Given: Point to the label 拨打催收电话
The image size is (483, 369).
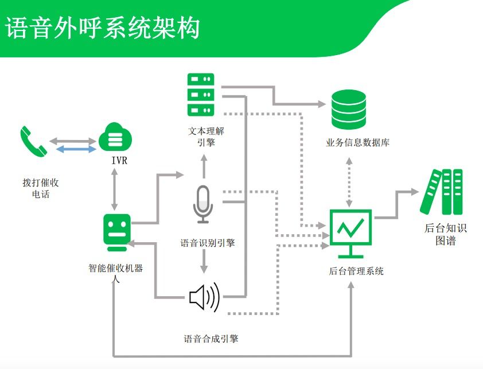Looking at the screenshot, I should tap(41, 188).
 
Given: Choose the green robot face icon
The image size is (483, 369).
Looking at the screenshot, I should tap(116, 232).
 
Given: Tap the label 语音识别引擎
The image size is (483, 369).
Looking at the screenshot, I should tap(207, 243).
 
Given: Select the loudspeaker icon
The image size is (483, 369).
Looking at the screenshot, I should tap(204, 297).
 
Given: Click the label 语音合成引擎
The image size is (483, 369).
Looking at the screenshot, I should tap(211, 339).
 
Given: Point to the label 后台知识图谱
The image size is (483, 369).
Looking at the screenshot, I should tap(446, 234).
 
